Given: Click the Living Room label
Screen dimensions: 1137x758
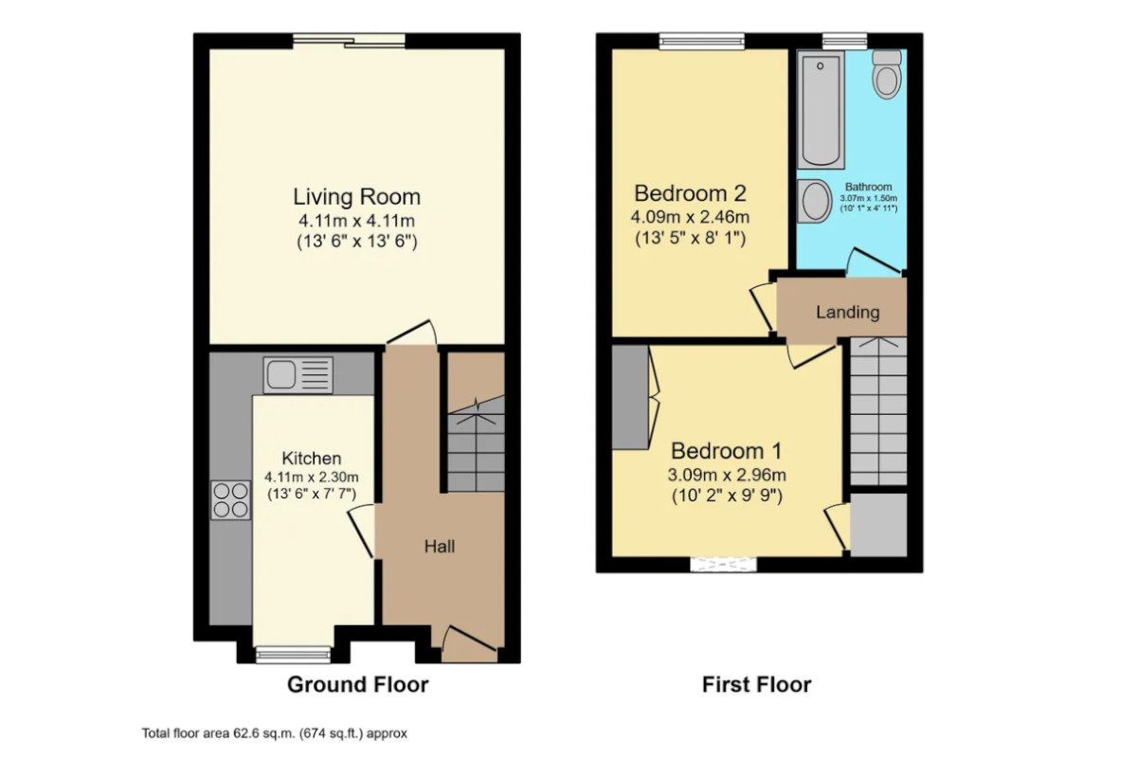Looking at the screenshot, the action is [357, 197].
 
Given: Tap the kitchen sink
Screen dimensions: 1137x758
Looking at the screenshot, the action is [298, 374].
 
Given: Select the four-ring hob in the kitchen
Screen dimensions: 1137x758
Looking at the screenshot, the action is [230, 500].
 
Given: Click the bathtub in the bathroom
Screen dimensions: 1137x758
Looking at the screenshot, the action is [821, 109].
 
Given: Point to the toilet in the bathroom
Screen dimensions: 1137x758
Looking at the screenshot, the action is [887, 74].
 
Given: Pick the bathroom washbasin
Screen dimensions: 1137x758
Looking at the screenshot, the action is [814, 202].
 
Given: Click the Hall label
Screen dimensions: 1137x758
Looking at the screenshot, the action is [440, 547].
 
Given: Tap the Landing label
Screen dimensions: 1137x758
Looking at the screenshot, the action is [848, 312].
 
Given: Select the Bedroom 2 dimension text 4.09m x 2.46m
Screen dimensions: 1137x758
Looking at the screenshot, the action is [690, 217].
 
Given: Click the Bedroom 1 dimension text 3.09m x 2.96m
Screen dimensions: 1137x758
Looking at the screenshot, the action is [727, 475].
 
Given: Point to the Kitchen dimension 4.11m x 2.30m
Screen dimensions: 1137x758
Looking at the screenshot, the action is [311, 478].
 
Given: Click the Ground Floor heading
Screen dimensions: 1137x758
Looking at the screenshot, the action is [358, 684].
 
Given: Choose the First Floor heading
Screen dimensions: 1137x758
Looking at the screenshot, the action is [756, 684].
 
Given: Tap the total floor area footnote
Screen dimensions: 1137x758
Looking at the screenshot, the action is [274, 733].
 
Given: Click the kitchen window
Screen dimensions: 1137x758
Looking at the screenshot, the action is [293, 655].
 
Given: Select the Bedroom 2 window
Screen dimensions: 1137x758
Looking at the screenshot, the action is [701, 41].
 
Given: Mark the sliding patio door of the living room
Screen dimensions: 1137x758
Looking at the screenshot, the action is [350, 41].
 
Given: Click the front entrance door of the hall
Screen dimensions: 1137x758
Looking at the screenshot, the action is [469, 643].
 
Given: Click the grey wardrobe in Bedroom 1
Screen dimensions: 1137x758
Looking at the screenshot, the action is [630, 397].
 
